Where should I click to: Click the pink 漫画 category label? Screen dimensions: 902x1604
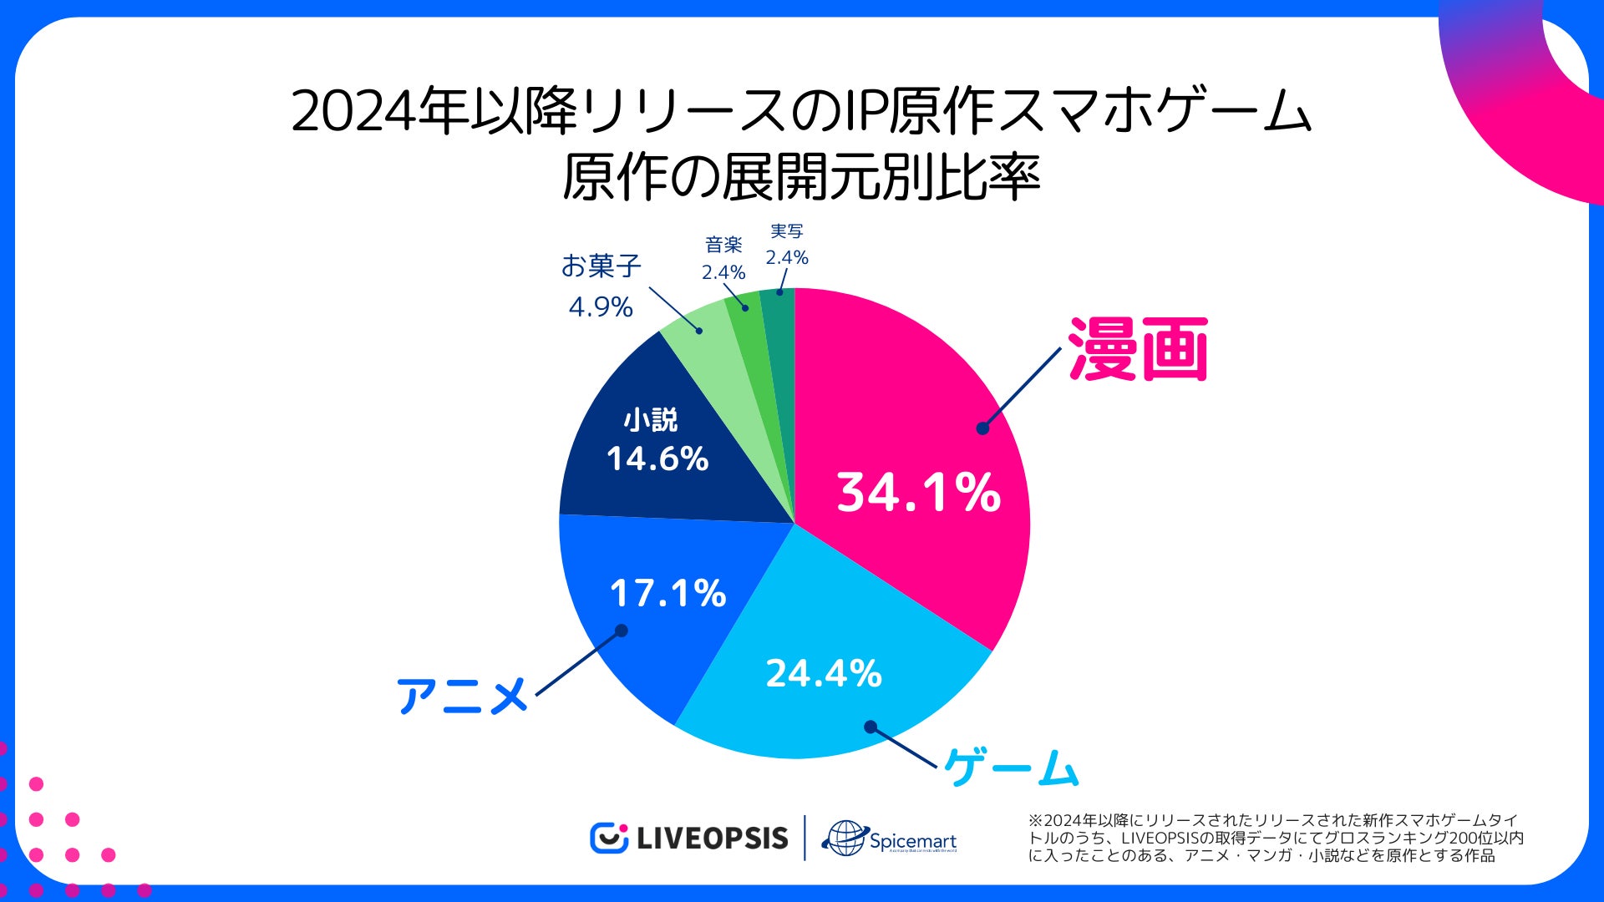tap(1138, 350)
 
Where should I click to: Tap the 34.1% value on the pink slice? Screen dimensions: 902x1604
tap(918, 492)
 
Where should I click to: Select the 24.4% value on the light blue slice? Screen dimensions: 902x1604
tap(824, 673)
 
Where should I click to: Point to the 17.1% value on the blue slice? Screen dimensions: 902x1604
tap(667, 593)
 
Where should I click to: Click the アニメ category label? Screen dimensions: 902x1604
tap(462, 696)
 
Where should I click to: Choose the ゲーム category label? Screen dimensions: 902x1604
tap(1012, 767)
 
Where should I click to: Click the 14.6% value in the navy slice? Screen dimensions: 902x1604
tap(657, 459)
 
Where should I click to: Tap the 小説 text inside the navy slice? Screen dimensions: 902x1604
tap(651, 419)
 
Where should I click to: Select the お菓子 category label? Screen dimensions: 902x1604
tap(601, 266)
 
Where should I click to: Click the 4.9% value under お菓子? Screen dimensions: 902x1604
tap(601, 307)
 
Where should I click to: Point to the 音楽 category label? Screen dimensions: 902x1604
tap(723, 245)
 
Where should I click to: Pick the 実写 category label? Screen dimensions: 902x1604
tap(787, 231)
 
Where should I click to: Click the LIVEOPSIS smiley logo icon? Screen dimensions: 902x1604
tap(609, 838)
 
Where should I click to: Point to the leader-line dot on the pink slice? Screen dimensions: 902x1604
tap(982, 428)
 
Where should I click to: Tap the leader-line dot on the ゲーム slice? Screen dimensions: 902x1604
tap(871, 727)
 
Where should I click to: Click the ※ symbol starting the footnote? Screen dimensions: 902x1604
tap(1036, 821)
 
